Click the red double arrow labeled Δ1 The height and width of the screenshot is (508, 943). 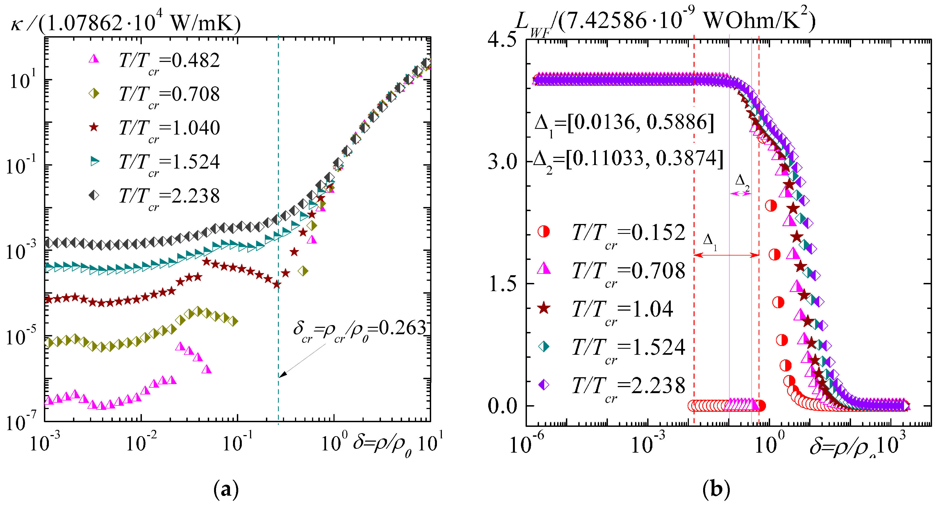click(726, 255)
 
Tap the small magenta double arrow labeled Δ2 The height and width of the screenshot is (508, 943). click(740, 194)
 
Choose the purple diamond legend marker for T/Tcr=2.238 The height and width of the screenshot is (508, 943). click(544, 384)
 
